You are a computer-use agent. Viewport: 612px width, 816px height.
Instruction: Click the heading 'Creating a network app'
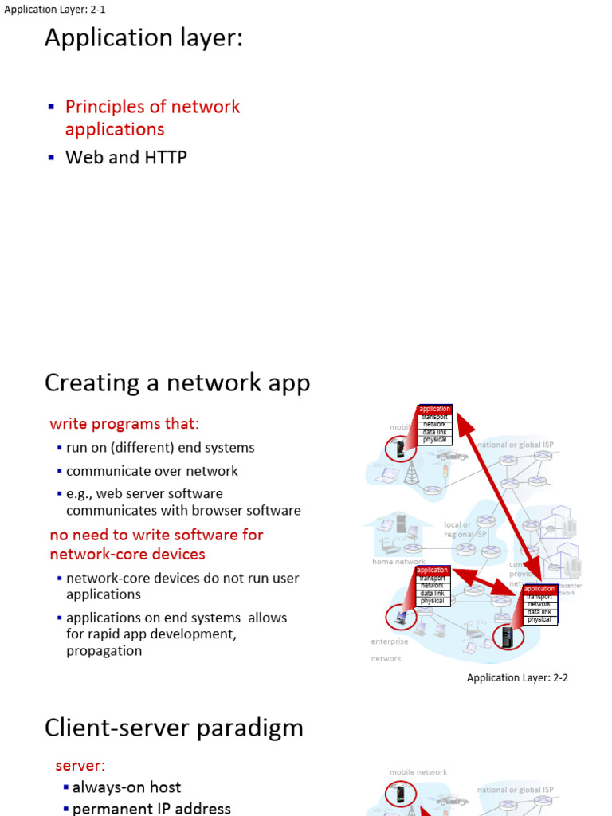pos(177,383)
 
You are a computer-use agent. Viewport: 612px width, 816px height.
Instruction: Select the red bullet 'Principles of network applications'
pos(152,118)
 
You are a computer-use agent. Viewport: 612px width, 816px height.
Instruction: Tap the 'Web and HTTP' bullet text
pos(126,158)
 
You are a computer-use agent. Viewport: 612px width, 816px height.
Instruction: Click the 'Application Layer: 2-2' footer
pos(517,678)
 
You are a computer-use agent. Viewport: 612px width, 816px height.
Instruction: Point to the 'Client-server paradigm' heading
pos(174,728)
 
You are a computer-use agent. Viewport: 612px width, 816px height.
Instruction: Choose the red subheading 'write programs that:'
pos(124,423)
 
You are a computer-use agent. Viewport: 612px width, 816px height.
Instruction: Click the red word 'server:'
pos(80,766)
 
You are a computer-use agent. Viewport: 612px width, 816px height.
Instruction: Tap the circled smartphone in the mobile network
pos(400,449)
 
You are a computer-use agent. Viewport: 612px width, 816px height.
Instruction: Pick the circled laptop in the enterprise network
pos(400,617)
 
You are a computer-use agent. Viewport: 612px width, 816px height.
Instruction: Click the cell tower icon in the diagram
pos(411,473)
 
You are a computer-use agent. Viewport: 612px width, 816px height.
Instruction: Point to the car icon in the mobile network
pos(451,456)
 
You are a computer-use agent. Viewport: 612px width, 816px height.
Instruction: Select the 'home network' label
pos(398,562)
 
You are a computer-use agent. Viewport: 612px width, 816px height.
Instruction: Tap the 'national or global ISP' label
pos(515,445)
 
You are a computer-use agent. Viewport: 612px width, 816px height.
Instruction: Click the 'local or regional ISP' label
pos(464,529)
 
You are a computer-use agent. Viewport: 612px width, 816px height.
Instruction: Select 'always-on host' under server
pos(127,787)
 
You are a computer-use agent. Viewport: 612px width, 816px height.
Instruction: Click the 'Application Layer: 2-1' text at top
pos(55,10)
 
